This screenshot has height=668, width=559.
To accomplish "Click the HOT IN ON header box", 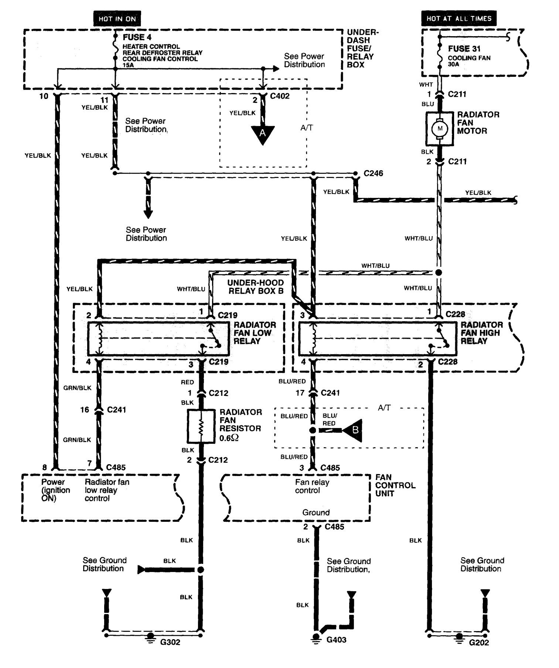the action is pyautogui.click(x=117, y=19).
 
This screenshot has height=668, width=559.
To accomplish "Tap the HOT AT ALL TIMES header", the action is pyautogui.click(x=459, y=18).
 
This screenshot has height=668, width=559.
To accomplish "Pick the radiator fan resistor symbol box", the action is pyautogui.click(x=201, y=426).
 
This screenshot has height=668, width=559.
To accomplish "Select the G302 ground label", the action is pyautogui.click(x=170, y=642).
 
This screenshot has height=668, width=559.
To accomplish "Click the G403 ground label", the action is pyautogui.click(x=337, y=640).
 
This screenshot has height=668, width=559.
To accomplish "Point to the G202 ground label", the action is pyautogui.click(x=479, y=643).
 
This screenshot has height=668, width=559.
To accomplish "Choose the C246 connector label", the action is pyautogui.click(x=374, y=173).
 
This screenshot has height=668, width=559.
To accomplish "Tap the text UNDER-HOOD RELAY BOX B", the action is pyautogui.click(x=256, y=287).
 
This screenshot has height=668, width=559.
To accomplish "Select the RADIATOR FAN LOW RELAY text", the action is pyautogui.click(x=255, y=333).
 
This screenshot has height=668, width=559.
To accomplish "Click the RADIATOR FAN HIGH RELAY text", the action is pyautogui.click(x=482, y=333).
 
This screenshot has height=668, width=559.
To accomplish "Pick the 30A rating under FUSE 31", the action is pyautogui.click(x=454, y=64).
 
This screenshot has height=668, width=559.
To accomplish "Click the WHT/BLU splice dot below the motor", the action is pyautogui.click(x=439, y=273).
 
